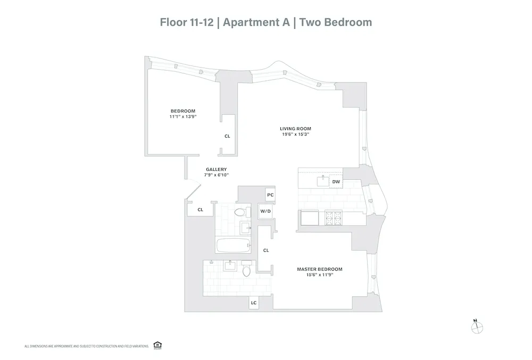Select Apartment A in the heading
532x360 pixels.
pos(258,22)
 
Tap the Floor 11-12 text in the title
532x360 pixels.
pos(187,22)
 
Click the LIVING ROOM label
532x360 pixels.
pos(295,129)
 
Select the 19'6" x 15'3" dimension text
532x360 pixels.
pos(295,135)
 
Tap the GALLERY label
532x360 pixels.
pos(217,169)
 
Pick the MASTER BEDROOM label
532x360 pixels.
pos(319,269)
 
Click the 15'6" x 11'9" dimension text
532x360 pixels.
pos(319,275)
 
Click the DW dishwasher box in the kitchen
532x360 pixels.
pos(336,182)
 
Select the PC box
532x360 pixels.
pos(270,195)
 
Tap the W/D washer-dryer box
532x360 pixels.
pos(265,212)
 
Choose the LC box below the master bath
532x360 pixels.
pos(254,303)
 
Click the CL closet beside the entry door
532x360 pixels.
pos(200,210)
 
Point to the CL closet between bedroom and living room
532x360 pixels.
pos(227,136)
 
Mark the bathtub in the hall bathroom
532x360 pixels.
pos(232,245)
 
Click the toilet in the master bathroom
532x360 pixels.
pos(246,271)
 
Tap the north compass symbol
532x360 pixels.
pos(476,328)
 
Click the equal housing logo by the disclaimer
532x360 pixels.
pos(157,346)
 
